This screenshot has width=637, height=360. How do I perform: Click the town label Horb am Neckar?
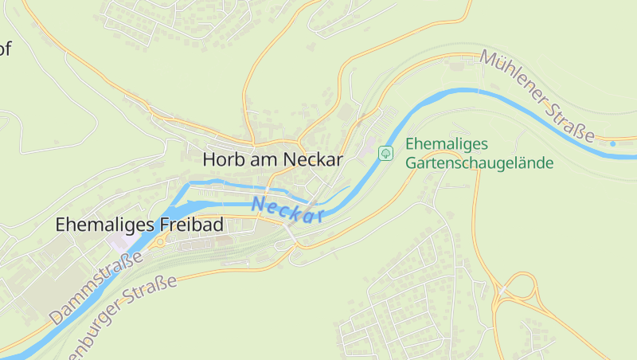click(272, 159)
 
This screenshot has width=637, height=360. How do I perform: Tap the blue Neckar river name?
click(287, 209)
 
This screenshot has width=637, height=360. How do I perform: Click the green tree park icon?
click(385, 152)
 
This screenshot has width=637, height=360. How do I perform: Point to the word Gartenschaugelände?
click(479, 163)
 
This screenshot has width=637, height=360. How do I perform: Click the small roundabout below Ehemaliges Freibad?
click(159, 242)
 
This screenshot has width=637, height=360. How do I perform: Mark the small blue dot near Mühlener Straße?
click(612, 143)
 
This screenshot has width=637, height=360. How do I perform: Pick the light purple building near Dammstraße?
click(122, 241)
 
